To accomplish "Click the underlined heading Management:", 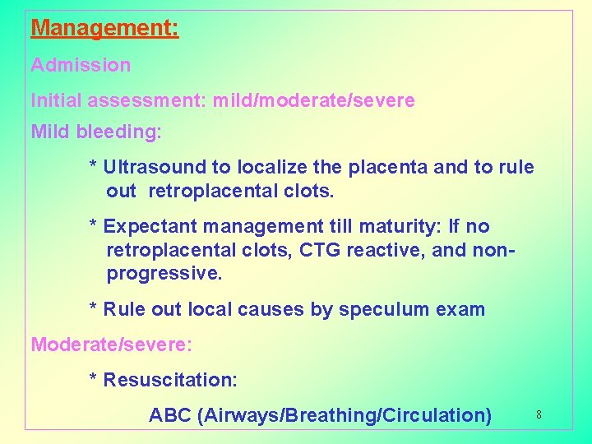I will coord(104,29).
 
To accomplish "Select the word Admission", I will coord(81,65).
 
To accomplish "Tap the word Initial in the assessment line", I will coord(53,101).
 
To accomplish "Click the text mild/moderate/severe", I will coord(313,101).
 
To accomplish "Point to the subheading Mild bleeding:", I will coord(96,132).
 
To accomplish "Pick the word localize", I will coord(272,168).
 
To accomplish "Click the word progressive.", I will coord(164,274).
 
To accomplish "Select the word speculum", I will coord(379,310).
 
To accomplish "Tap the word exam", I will coord(460,310).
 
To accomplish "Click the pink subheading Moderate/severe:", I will coord(112,344).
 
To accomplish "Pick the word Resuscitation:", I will coord(170,380).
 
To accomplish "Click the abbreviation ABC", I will coord(170,415).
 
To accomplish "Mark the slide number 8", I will coord(539,415).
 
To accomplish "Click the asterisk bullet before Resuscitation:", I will coord(94,380).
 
